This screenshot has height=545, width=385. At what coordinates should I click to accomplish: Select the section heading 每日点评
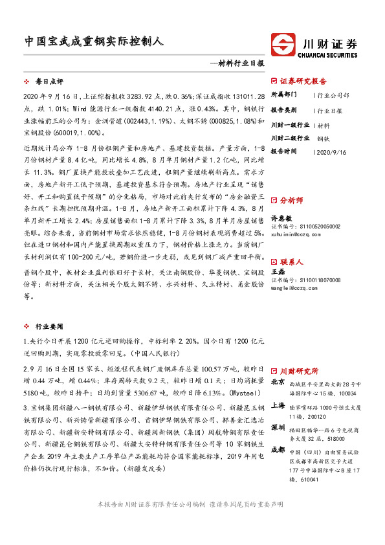coord(49,82)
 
